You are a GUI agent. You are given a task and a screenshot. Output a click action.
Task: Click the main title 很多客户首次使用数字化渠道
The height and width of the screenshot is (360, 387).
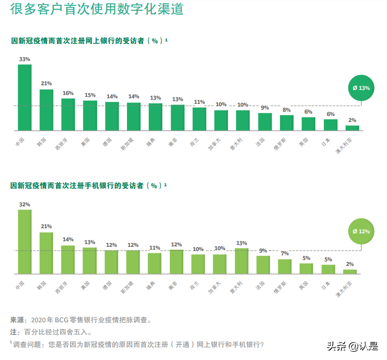click(x=97, y=9)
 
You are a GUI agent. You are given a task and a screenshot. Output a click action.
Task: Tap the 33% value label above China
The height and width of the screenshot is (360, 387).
click(x=25, y=59)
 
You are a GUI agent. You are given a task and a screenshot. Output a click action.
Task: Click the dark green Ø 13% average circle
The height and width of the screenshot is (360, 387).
click(x=361, y=88)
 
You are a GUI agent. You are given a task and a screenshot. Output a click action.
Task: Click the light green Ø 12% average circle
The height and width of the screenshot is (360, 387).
click(x=361, y=231)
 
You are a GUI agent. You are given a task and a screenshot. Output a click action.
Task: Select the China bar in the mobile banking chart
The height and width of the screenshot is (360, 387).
click(x=25, y=241)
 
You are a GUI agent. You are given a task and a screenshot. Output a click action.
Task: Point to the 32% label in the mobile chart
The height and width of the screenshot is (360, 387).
click(x=25, y=204)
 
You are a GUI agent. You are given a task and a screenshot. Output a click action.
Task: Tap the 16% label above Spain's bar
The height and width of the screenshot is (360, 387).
click(x=68, y=93)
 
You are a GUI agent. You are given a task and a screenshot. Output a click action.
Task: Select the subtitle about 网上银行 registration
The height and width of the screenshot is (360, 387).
click(x=89, y=41)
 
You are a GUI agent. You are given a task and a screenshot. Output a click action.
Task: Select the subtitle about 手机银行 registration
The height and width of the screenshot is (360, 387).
click(x=88, y=185)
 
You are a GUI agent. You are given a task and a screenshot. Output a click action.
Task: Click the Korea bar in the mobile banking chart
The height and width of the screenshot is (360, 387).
click(x=46, y=252)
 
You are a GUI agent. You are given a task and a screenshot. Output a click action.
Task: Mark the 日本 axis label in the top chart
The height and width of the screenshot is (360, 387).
click(x=326, y=141)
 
